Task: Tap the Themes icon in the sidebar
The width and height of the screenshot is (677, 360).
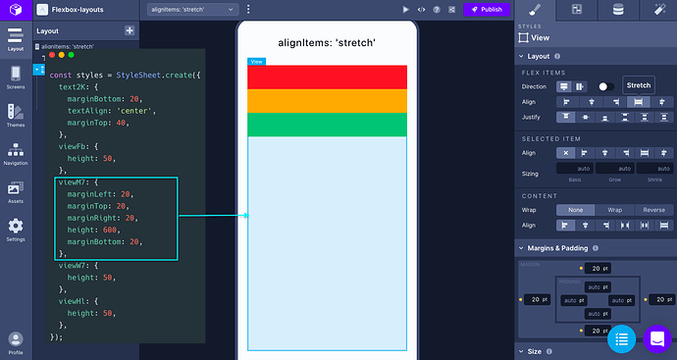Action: tap(16, 116)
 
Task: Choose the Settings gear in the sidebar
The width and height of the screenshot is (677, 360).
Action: tap(16, 229)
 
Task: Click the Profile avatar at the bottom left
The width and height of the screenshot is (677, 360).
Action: tap(16, 340)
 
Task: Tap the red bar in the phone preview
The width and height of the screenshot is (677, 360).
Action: tap(327, 77)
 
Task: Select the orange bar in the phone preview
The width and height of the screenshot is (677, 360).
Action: tap(327, 101)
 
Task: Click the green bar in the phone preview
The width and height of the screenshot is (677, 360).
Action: tap(327, 125)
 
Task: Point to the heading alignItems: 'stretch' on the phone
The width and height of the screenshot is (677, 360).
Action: tap(327, 43)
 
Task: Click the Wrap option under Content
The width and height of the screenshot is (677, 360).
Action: tap(614, 209)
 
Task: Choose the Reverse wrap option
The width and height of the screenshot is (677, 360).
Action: tap(652, 209)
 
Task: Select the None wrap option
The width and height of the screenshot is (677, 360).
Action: tap(576, 209)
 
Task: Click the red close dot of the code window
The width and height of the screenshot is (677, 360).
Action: tap(52, 55)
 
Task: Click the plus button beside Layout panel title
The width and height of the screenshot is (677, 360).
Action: tap(130, 30)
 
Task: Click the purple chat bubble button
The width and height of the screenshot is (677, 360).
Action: tap(656, 339)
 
